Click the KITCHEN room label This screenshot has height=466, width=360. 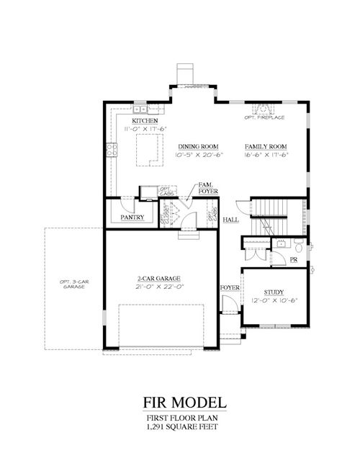pos(135,120)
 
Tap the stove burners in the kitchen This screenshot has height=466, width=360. pos(112,151)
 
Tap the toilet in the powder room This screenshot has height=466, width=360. pos(280,244)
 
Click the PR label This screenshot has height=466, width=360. pos(294,259)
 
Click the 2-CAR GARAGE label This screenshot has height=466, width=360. pos(159,278)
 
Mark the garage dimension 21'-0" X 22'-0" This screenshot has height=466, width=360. pos(159,286)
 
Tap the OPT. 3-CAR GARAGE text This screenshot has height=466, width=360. pos(73,284)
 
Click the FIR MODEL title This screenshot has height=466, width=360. pos(180,402)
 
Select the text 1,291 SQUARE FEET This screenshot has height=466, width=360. pos(180,428)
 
